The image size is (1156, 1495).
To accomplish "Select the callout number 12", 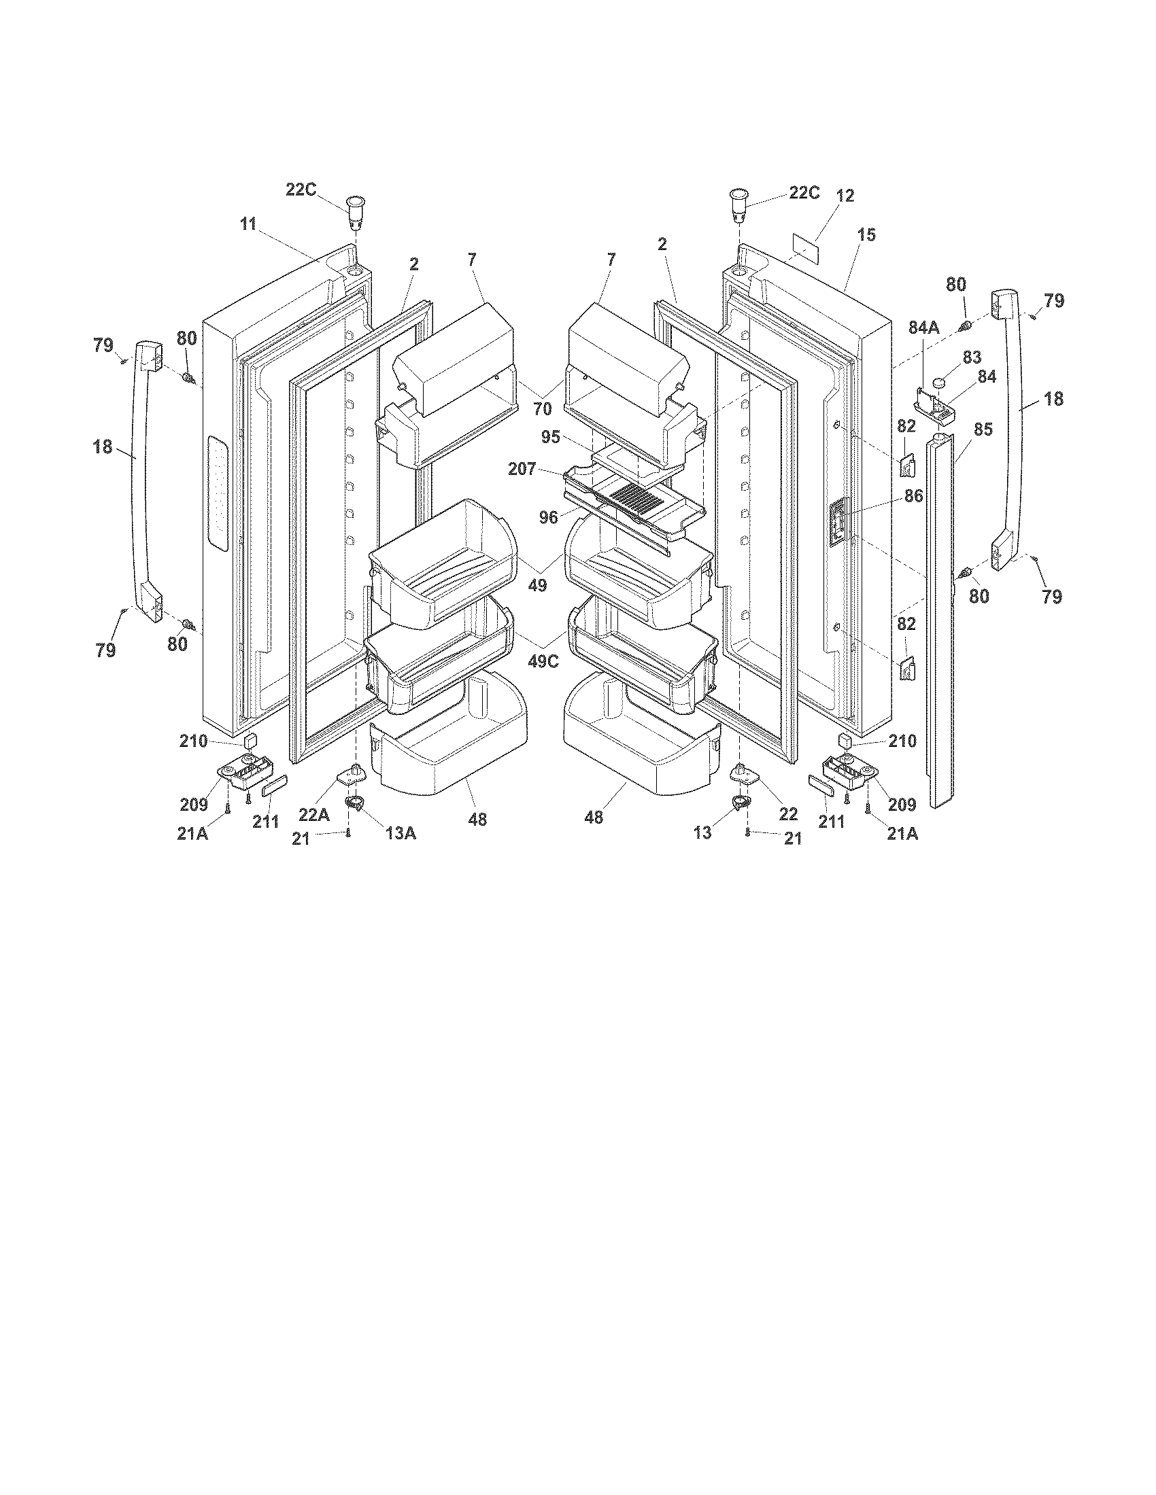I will [845, 196].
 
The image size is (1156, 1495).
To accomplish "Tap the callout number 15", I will [866, 235].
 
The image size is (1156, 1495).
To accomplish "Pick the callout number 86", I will [913, 496].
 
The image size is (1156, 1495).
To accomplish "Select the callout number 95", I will [551, 437].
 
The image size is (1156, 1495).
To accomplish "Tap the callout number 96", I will [549, 518].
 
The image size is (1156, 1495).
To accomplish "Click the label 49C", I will [543, 662].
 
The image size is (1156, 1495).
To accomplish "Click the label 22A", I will [314, 814].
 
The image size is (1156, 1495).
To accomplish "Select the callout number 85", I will [983, 430].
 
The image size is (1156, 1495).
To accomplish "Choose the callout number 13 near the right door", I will [702, 832].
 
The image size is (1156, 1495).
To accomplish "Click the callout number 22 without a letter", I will [788, 814].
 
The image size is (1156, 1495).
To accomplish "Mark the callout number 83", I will [972, 357].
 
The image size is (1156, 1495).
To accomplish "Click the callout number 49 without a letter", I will [538, 585].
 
